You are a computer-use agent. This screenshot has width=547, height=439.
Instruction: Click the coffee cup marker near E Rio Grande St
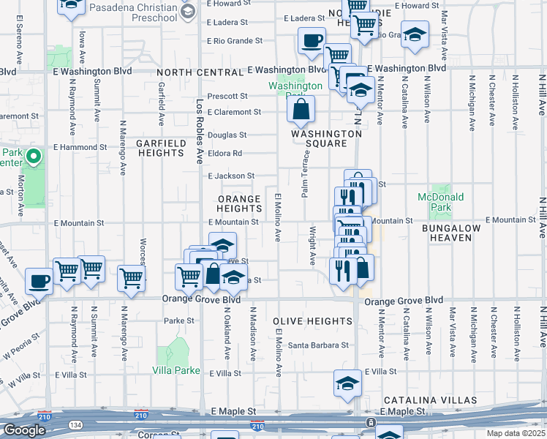[312, 41]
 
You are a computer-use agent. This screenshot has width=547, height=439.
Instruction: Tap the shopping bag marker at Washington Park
[301, 111]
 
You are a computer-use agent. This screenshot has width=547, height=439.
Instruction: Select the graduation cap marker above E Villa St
[347, 383]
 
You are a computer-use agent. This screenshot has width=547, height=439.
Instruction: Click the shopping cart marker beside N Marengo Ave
[131, 277]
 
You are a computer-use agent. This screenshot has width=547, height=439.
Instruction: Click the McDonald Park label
[441, 202]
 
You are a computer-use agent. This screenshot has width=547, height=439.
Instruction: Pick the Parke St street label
[179, 320]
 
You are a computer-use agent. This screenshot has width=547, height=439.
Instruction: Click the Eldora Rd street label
[225, 154]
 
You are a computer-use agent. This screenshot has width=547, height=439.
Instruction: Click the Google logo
[24, 430]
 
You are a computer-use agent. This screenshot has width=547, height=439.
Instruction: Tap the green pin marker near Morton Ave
[33, 156]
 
